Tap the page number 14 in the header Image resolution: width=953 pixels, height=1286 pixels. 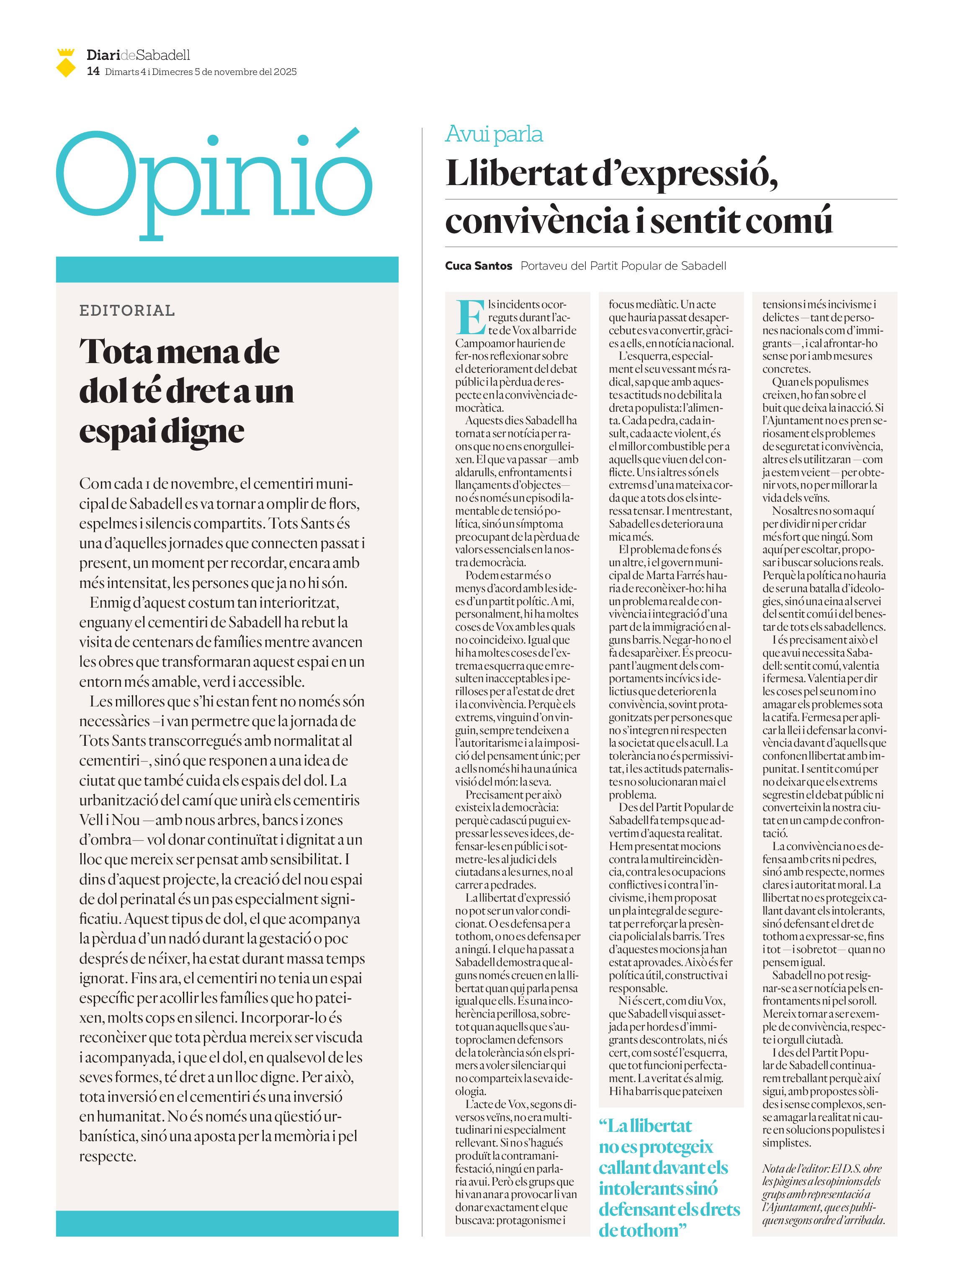click(93, 72)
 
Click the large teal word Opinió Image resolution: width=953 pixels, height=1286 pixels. click(214, 179)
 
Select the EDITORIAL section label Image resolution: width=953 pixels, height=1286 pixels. click(127, 310)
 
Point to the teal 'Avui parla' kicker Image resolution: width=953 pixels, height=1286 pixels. click(494, 134)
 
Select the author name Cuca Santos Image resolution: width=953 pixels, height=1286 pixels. click(478, 266)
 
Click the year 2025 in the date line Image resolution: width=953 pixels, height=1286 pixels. click(285, 72)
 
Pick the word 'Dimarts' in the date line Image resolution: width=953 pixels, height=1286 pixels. click(122, 72)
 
